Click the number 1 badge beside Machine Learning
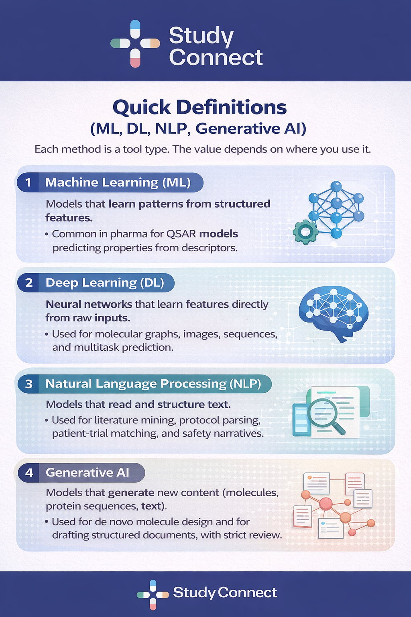28,182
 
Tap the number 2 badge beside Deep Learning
29,283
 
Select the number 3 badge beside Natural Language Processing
29,384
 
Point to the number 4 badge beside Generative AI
29,472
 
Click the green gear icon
305,231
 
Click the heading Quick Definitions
199,107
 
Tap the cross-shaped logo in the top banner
135,43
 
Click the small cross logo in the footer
153,594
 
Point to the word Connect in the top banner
216,57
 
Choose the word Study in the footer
194,593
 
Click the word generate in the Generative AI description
131,492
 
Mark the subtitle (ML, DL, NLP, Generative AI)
198,129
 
